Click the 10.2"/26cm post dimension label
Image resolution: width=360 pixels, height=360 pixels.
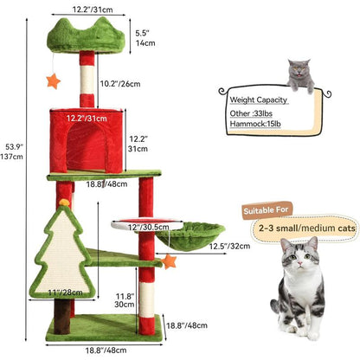click(x=120, y=85)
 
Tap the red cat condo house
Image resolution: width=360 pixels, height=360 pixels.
click(x=87, y=138)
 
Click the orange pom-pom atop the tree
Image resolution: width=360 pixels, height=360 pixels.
click(x=63, y=202)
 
